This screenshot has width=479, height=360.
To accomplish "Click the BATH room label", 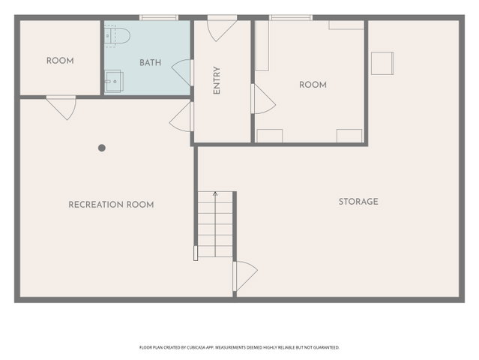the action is pos(150,63).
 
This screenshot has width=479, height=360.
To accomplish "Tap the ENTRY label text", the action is pos(217,80).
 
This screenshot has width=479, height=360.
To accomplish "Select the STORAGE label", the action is pos(358,202).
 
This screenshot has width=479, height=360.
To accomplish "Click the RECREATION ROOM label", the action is pos(111,205).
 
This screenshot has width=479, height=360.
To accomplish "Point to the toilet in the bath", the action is pos(117,36).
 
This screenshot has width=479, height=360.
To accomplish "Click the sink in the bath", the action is pos(114,81).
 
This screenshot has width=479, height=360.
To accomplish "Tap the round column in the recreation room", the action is pos(102,148).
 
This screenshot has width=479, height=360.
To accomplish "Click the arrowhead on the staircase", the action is pos(215,193).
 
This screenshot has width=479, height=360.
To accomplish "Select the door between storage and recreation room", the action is pos(245,276).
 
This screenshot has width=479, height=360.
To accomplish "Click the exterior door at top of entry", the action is pos(222,28).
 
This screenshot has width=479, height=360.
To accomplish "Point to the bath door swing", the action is pos(182,72).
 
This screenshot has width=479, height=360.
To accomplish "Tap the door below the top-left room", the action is pos(61,107).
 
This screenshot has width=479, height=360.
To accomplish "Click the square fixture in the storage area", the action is pos(382,63).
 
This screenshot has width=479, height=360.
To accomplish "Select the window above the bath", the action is pos(159,18).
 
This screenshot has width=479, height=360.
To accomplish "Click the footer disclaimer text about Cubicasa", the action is pos(239,347).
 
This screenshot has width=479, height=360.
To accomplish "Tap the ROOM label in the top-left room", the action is pos(60,61).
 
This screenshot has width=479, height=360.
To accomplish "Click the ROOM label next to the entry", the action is pos(313,85).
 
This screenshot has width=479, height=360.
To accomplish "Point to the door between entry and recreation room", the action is pos(181,117).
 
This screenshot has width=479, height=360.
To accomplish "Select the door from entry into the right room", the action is pos(263,99).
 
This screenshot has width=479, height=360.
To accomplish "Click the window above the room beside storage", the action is pos(291,18).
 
